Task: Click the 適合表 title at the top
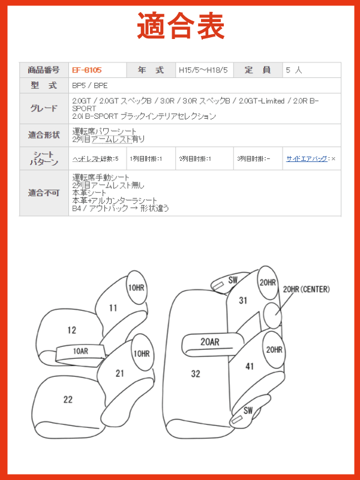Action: click(181, 26)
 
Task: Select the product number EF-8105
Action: click(86, 70)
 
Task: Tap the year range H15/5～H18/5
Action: click(203, 70)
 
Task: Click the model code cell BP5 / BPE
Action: click(90, 86)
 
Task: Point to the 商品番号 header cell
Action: click(44, 70)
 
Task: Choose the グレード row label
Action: click(44, 109)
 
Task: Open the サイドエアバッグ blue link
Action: click(307, 158)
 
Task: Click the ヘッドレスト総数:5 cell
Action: click(95, 158)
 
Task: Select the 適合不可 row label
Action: click(44, 193)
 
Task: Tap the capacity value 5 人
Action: click(294, 70)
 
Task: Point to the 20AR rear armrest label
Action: click(209, 341)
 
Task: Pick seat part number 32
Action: click(196, 373)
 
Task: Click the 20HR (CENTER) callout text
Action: click(307, 289)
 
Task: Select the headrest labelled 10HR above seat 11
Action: click(136, 287)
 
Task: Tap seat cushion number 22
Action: click(68, 399)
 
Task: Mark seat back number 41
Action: click(250, 366)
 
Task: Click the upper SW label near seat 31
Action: click(233, 280)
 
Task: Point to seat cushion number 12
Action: click(71, 330)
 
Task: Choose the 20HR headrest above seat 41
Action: click(274, 350)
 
